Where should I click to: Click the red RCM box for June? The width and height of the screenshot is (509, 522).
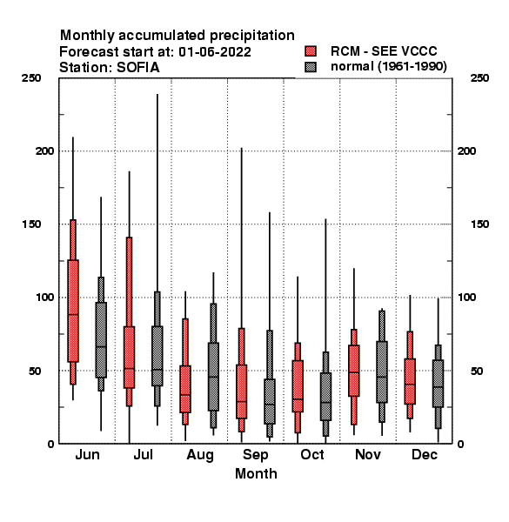pyautogui.click(x=73, y=311)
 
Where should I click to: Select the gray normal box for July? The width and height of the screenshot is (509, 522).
pyautogui.click(x=157, y=356)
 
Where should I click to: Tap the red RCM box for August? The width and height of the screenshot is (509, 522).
pyautogui.click(x=185, y=389)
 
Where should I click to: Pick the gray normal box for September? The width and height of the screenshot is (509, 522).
pyautogui.click(x=270, y=401)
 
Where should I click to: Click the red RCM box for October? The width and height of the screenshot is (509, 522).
pyautogui.click(x=298, y=385)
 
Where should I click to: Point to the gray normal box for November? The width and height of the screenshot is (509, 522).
pyautogui.click(x=382, y=371)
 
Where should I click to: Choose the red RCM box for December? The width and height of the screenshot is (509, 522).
pyautogui.click(x=410, y=381)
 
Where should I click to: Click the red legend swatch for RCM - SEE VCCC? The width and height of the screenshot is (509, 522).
pyautogui.click(x=311, y=51)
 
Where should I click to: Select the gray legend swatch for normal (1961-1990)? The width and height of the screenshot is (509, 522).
pyautogui.click(x=311, y=67)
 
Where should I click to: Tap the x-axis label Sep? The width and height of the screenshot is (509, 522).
pyautogui.click(x=255, y=455)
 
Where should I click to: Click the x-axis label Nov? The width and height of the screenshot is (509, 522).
pyautogui.click(x=368, y=454)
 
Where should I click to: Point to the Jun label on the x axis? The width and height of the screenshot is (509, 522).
pyautogui.click(x=87, y=454)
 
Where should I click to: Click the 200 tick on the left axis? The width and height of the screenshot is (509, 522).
pyautogui.click(x=44, y=151)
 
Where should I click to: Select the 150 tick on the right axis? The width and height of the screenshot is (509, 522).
pyautogui.click(x=479, y=224)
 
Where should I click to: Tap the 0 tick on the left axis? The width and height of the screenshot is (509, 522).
pyautogui.click(x=50, y=444)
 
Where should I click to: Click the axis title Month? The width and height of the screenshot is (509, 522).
pyautogui.click(x=256, y=473)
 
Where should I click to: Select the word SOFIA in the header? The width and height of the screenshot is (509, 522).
pyautogui.click(x=138, y=68)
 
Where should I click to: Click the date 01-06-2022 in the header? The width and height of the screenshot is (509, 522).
pyautogui.click(x=215, y=52)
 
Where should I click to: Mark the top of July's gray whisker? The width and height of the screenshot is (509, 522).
pyautogui.click(x=157, y=94)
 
